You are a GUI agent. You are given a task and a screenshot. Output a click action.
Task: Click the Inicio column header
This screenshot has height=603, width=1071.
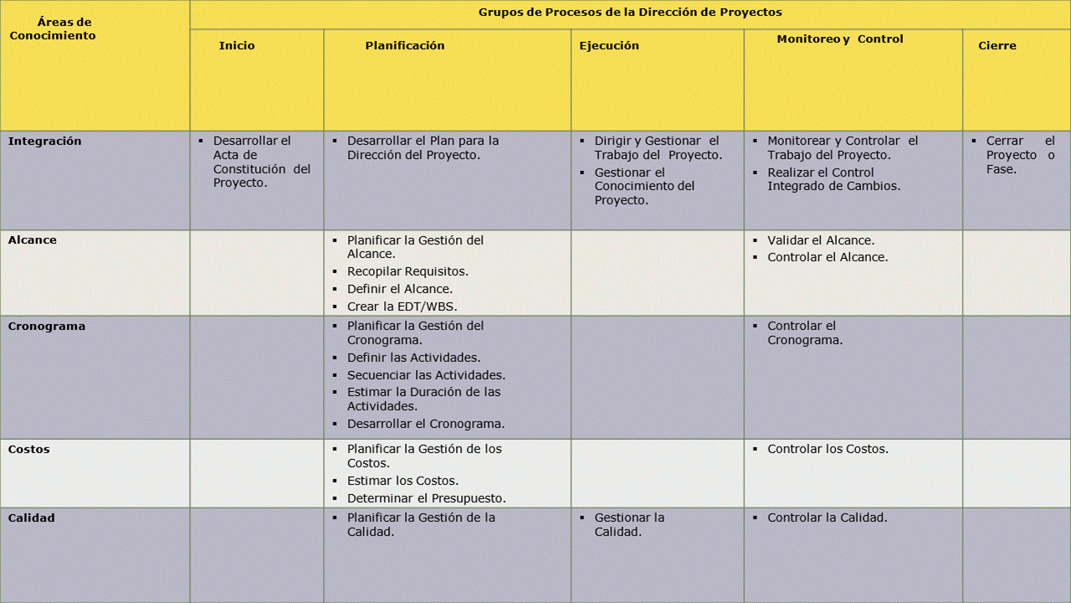tap(237, 46)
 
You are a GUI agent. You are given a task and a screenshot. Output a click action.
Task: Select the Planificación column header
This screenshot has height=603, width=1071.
tap(405, 46)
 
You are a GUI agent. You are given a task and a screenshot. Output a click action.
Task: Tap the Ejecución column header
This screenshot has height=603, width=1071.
tap(609, 46)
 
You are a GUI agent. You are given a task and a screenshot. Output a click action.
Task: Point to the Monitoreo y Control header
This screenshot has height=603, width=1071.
tap(840, 39)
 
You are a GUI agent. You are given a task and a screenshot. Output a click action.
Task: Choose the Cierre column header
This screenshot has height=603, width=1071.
tap(997, 46)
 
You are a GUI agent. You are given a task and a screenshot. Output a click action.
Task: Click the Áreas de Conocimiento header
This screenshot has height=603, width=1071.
tap(53, 29)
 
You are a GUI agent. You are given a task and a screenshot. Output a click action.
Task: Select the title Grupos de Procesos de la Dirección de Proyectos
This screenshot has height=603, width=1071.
tap(630, 13)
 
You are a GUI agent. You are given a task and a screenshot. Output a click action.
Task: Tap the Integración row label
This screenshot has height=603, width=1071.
tap(45, 142)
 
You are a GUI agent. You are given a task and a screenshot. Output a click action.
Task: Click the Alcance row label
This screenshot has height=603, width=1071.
tap(33, 240)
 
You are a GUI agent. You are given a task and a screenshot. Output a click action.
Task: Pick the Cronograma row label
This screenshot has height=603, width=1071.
tap(47, 327)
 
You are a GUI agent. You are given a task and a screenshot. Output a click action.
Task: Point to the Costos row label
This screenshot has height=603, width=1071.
tap(29, 450)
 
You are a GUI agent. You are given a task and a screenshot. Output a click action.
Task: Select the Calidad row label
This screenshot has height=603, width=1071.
tap(32, 518)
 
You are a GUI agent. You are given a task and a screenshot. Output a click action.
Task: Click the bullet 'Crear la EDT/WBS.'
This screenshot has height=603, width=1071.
tap(402, 307)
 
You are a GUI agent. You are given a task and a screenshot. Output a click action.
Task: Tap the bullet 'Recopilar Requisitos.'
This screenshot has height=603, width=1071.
tap(407, 271)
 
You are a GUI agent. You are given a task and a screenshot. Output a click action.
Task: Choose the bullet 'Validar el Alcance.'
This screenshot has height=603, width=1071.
tap(821, 240)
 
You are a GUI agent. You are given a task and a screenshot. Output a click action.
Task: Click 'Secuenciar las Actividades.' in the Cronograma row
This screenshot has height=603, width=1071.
tap(426, 375)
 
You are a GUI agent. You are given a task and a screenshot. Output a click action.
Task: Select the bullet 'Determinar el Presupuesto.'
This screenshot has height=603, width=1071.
tap(426, 498)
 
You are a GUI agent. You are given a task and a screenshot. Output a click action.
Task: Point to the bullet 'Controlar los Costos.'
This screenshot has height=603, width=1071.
tap(828, 450)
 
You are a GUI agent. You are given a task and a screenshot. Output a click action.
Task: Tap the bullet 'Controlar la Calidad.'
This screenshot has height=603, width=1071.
tap(828, 518)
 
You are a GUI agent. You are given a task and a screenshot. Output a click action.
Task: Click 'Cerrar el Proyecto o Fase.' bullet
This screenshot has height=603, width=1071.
tap(1020, 155)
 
